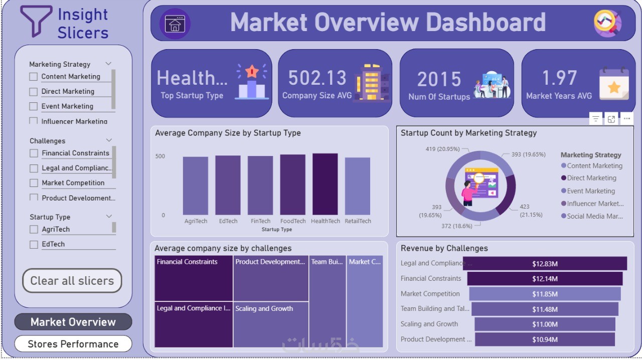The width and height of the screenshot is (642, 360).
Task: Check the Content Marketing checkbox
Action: click(34, 77)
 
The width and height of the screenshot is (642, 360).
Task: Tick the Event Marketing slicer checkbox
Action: click(34, 106)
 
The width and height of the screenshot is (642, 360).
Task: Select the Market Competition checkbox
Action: click(34, 183)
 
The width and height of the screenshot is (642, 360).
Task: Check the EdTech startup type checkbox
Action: click(34, 244)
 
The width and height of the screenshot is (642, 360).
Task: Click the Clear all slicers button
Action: click(72, 281)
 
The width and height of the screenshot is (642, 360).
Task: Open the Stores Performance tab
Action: click(73, 344)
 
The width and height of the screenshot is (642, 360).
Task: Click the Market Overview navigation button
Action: click(73, 322)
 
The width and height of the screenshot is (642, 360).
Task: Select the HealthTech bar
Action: click(325, 184)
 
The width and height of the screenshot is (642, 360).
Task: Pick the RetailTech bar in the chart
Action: click(358, 186)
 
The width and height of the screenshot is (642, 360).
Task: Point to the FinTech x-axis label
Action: click(260, 221)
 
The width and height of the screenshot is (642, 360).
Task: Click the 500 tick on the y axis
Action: click(160, 156)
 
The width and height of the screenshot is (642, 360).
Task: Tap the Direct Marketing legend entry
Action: click(591, 178)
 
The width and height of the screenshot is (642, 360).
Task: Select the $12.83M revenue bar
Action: click(545, 264)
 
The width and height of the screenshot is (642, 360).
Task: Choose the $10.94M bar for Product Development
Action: click(545, 339)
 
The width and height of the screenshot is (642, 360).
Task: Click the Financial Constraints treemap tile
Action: click(194, 278)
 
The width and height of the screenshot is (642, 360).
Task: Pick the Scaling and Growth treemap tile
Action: click(271, 325)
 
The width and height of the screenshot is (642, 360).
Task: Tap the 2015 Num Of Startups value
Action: click(439, 79)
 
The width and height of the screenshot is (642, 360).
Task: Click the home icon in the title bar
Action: click(175, 24)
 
